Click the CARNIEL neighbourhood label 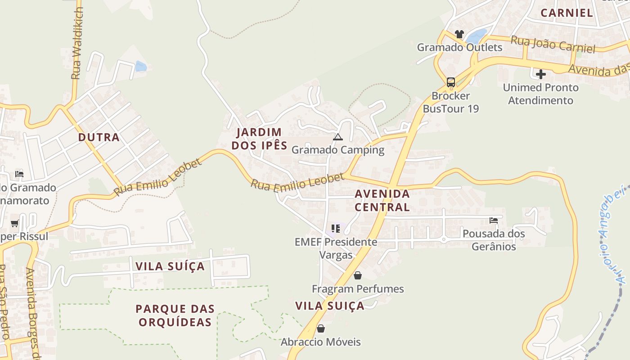tap(567, 13)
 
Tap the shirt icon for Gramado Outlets tap(459, 34)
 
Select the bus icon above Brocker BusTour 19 tap(450, 82)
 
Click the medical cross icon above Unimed tap(540, 74)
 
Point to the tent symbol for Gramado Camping tap(338, 137)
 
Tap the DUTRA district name tap(99, 137)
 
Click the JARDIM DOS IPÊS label tap(259, 139)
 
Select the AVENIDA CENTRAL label tap(382, 200)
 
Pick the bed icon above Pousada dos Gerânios tap(494, 220)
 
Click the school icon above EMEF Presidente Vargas tap(335, 229)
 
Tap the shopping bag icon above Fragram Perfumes tap(358, 275)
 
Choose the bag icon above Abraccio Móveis tap(321, 328)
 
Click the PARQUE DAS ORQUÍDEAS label tap(175, 315)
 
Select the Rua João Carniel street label tap(553, 44)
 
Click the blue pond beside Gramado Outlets tap(477, 36)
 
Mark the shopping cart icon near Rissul tap(15, 223)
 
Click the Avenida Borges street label tap(33, 315)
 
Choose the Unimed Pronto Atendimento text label tap(540, 94)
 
